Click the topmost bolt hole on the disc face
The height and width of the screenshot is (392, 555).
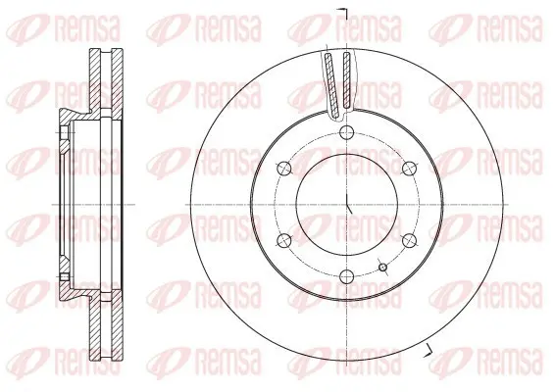[x=346, y=133]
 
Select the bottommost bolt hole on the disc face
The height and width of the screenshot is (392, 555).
[x=346, y=276]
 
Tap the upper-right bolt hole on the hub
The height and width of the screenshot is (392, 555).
[x=409, y=169]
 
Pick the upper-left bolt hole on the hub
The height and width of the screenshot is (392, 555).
[x=284, y=169]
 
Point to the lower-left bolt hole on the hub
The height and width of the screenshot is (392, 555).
[x=284, y=240]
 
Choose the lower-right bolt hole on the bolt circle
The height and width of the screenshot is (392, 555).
[x=409, y=240]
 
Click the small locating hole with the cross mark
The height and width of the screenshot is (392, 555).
[x=383, y=268]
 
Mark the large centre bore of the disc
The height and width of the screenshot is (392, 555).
[x=346, y=205]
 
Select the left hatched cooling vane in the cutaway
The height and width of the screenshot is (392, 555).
[x=331, y=84]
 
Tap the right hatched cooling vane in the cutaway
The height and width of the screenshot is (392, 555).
[x=347, y=80]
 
